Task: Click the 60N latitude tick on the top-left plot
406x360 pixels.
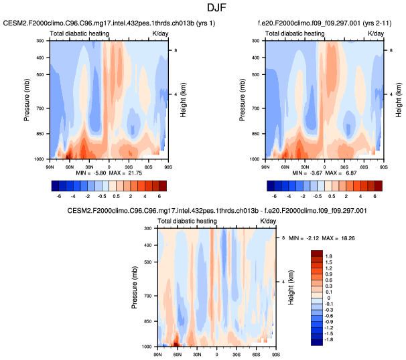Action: (69, 164)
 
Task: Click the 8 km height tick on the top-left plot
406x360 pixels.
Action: (175, 51)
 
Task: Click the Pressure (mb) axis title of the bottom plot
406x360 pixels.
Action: (134, 288)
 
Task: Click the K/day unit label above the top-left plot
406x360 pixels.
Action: (161, 33)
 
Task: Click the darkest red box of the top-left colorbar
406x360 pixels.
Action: (161, 185)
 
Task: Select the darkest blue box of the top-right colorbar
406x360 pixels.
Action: (271, 185)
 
